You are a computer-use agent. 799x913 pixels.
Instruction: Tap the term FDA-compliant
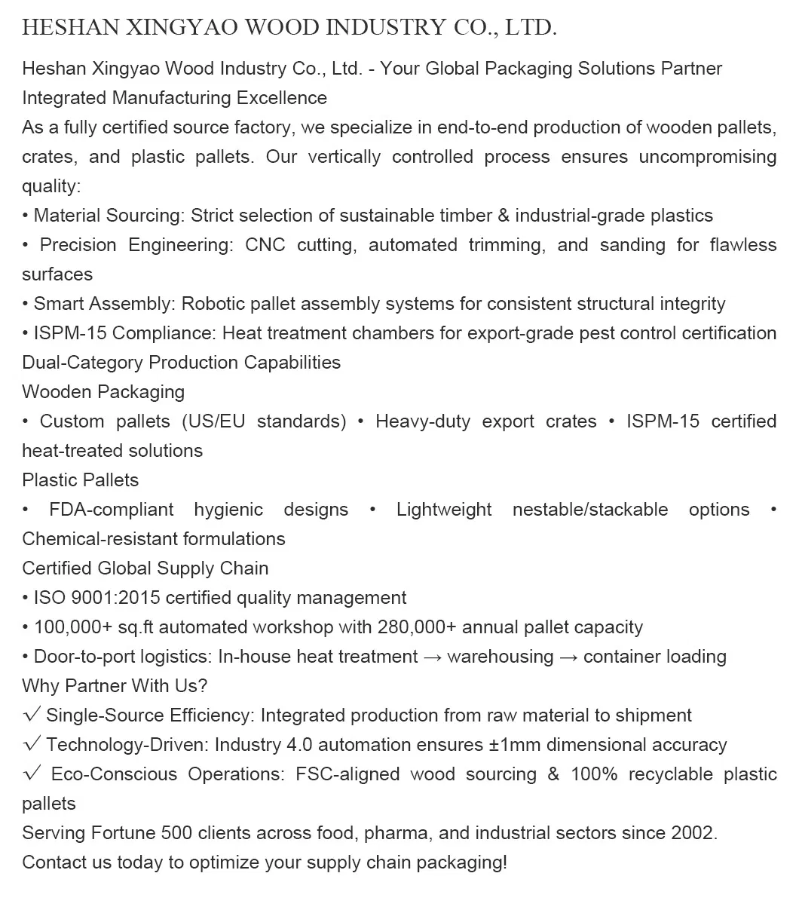point(112,510)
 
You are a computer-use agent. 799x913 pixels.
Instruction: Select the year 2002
point(690,833)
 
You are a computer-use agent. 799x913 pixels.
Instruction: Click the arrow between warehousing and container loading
point(568,657)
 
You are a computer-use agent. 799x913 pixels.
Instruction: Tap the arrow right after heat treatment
point(432,657)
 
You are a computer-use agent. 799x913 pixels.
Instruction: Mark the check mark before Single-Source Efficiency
point(32,715)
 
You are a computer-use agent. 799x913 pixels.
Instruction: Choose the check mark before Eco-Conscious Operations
point(32,774)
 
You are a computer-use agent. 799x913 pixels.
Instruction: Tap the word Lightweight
point(444,510)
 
